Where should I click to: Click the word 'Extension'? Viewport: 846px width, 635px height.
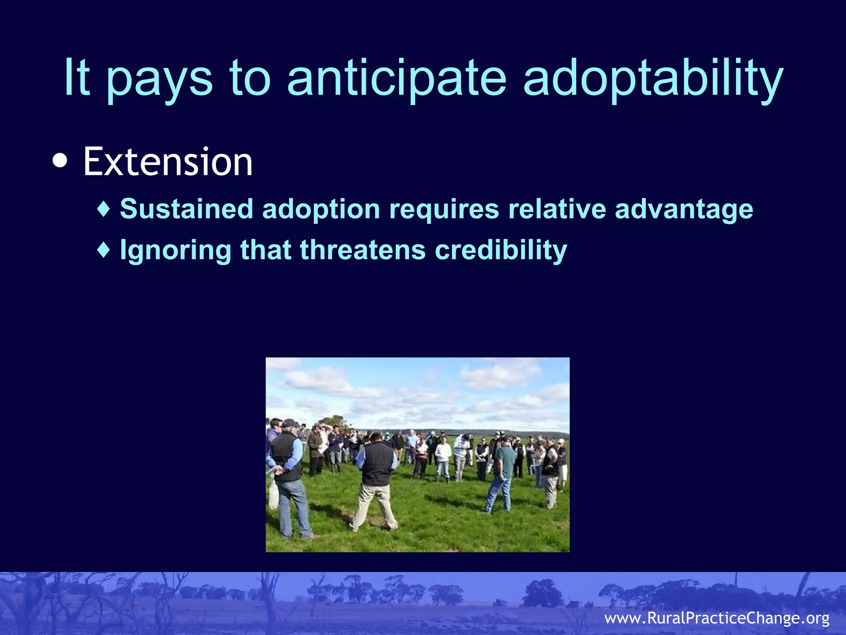coord(168,162)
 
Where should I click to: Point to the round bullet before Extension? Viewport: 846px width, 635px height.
coord(60,161)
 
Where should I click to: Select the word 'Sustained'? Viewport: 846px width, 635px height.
coord(186,208)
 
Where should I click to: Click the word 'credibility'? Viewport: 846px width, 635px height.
coord(501,250)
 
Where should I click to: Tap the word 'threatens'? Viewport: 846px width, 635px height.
coord(363,250)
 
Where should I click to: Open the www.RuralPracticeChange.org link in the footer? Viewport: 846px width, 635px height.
coord(717,618)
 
